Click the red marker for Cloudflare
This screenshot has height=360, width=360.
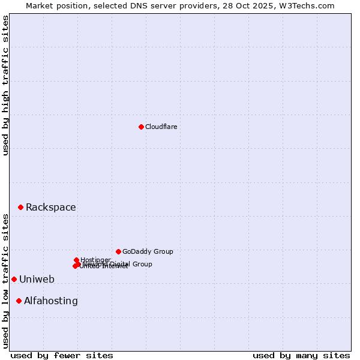pyautogui.click(x=141, y=127)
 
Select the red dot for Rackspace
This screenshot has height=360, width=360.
pyautogui.click(x=20, y=207)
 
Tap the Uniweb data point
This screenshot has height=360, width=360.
pyautogui.click(x=14, y=279)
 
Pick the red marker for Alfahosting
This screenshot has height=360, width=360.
pyautogui.click(x=19, y=301)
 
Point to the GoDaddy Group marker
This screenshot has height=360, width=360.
pyautogui.click(x=118, y=251)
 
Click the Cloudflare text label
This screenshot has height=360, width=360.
pyautogui.click(x=161, y=127)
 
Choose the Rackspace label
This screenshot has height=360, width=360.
pyautogui.click(x=51, y=208)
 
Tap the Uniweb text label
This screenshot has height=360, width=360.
pyautogui.click(x=37, y=280)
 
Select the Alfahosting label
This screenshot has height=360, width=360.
pyautogui.click(x=51, y=301)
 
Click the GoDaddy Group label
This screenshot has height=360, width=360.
pyautogui.click(x=148, y=252)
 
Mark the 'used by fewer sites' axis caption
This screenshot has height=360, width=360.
pyautogui.click(x=62, y=355)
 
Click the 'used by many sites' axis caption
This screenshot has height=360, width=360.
pyautogui.click(x=301, y=355)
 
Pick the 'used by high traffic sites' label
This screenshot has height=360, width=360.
pyautogui.click(x=6, y=85)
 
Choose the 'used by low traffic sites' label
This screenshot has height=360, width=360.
pyautogui.click(x=6, y=281)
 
